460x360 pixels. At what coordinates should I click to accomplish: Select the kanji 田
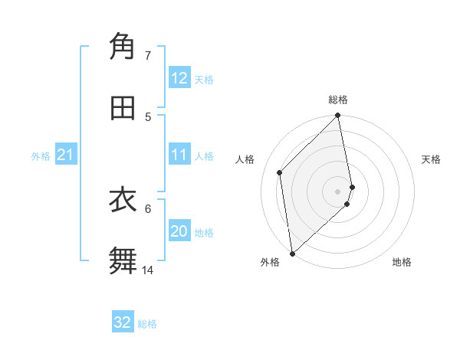(x=123, y=108)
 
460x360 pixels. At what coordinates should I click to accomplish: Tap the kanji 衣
(x=123, y=200)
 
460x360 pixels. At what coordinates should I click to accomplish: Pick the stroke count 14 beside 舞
(x=147, y=270)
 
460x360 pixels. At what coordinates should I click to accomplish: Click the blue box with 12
(x=179, y=78)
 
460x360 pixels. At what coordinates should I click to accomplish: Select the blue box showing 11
(x=179, y=155)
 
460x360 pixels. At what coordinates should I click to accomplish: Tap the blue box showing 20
(x=179, y=231)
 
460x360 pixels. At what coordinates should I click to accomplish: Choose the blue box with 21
(x=66, y=155)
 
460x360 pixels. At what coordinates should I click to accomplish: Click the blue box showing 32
(x=123, y=322)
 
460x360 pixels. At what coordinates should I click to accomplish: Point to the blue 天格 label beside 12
(x=204, y=79)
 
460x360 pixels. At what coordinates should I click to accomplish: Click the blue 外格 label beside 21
(x=41, y=155)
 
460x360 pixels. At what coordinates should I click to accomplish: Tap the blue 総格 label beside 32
(x=147, y=323)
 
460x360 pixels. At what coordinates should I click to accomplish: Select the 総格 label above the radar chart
(x=338, y=100)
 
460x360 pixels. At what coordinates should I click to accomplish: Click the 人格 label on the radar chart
(x=245, y=159)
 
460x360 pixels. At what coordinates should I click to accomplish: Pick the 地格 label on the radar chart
(x=402, y=262)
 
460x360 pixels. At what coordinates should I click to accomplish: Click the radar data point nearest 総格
(x=338, y=116)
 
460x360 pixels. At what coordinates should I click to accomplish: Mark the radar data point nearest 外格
(x=292, y=253)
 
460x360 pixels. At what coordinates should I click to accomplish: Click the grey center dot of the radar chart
(x=338, y=190)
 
